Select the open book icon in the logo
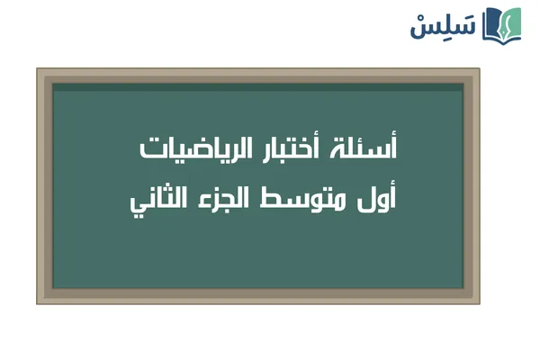[501, 24]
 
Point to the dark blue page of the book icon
[491, 25]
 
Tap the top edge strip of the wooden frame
[258, 75]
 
